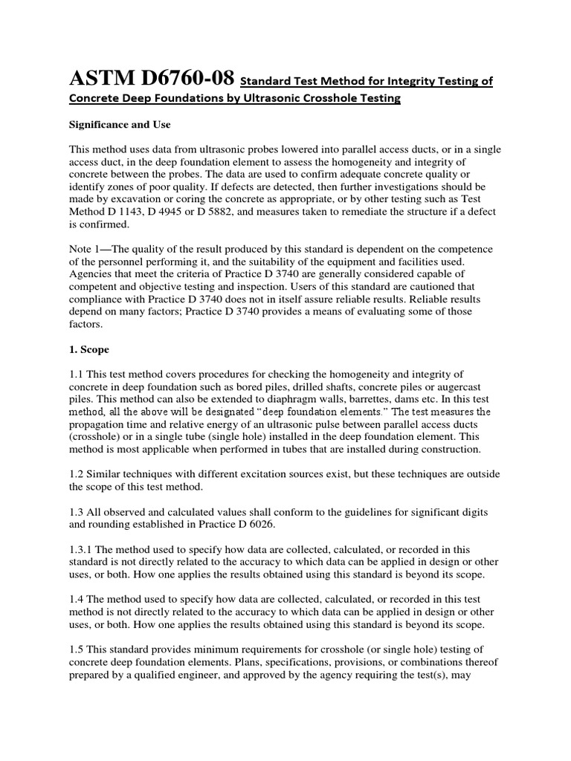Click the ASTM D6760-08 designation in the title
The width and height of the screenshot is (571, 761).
click(x=152, y=78)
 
